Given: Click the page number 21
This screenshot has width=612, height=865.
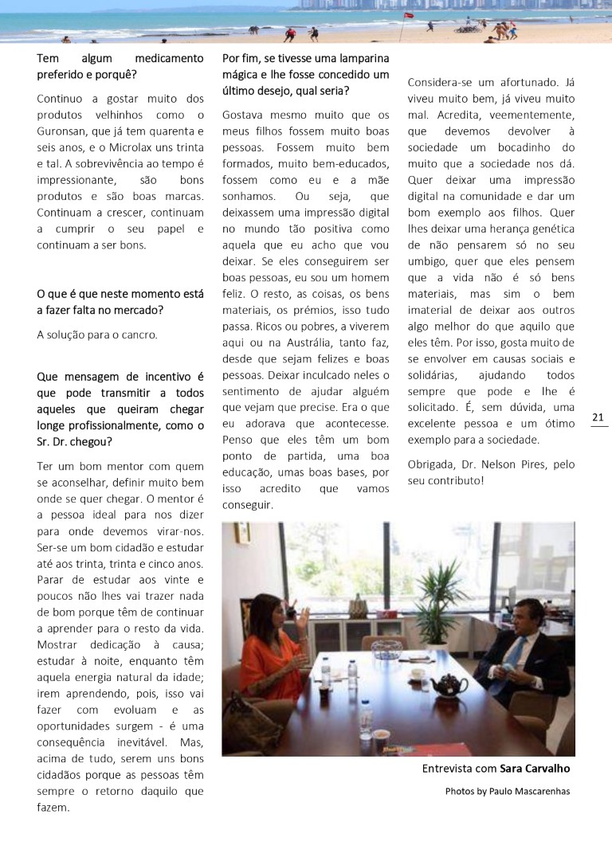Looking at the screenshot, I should tap(598, 417).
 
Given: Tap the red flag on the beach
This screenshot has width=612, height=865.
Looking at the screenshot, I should tap(409, 15).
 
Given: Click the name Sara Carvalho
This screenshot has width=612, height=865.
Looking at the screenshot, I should tap(535, 769).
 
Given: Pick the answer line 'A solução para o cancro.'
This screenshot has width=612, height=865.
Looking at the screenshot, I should tap(97, 335).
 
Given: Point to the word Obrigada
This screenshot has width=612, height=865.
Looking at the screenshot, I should tap(433, 464).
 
